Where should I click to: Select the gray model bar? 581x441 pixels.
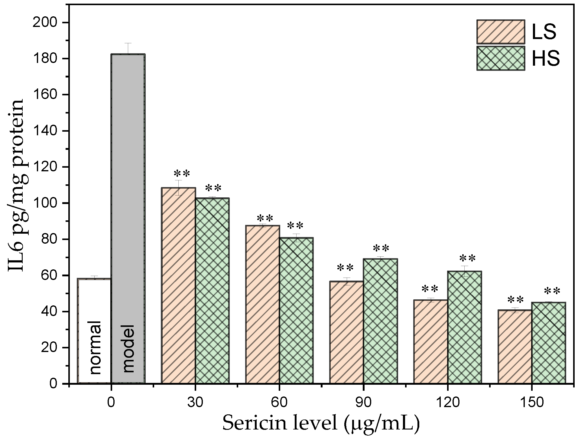[128, 218]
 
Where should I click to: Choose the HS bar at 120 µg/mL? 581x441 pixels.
[464, 327]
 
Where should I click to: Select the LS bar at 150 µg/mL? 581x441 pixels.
[515, 346]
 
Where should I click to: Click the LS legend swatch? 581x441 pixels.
[500, 32]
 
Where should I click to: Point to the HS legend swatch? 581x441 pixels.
[500, 58]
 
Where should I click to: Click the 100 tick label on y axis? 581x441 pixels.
[46, 203]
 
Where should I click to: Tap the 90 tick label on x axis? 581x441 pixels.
[363, 403]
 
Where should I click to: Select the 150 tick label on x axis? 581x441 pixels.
[531, 403]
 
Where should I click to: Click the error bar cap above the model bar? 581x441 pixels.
[128, 43]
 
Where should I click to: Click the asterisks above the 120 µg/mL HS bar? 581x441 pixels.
[467, 258]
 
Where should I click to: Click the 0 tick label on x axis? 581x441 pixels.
[111, 403]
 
